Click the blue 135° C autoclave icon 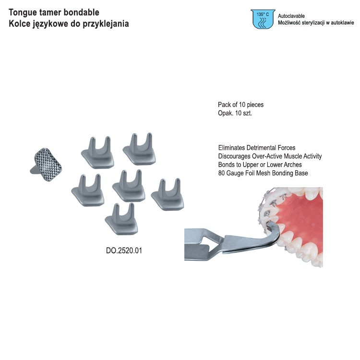point(263,19)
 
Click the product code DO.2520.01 point(124,250)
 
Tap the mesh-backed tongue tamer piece point(47,165)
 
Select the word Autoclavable point(291,16)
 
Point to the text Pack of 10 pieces point(240,105)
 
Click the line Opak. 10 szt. point(235,113)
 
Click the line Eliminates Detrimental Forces point(257,147)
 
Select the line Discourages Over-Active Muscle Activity point(270,156)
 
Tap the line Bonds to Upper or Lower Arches point(260,165)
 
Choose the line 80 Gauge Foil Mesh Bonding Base point(263,173)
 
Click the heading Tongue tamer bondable point(54,12)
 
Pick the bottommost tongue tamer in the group point(121,219)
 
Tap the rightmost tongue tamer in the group point(168,194)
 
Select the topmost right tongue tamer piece point(139,149)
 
